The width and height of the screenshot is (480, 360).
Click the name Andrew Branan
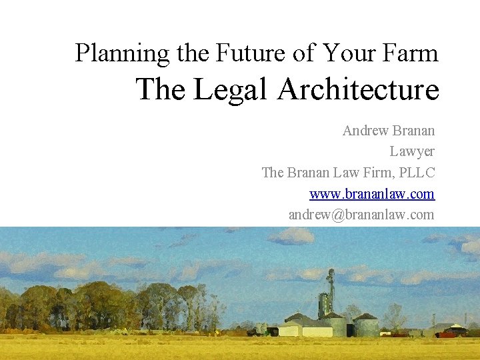388,131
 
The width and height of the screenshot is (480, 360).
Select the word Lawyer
412,151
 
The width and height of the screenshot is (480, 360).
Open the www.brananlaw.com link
371,194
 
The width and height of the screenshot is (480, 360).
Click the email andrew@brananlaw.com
361,215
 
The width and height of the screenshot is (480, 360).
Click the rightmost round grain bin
365,325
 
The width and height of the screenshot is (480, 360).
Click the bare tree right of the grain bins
395,317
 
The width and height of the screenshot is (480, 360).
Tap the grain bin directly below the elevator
335,325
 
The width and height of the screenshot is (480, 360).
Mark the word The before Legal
162,89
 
